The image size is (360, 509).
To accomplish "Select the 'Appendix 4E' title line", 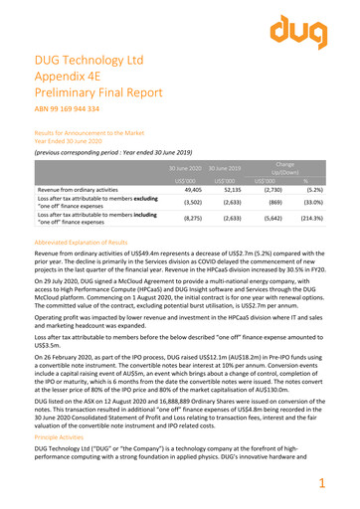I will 74,85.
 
